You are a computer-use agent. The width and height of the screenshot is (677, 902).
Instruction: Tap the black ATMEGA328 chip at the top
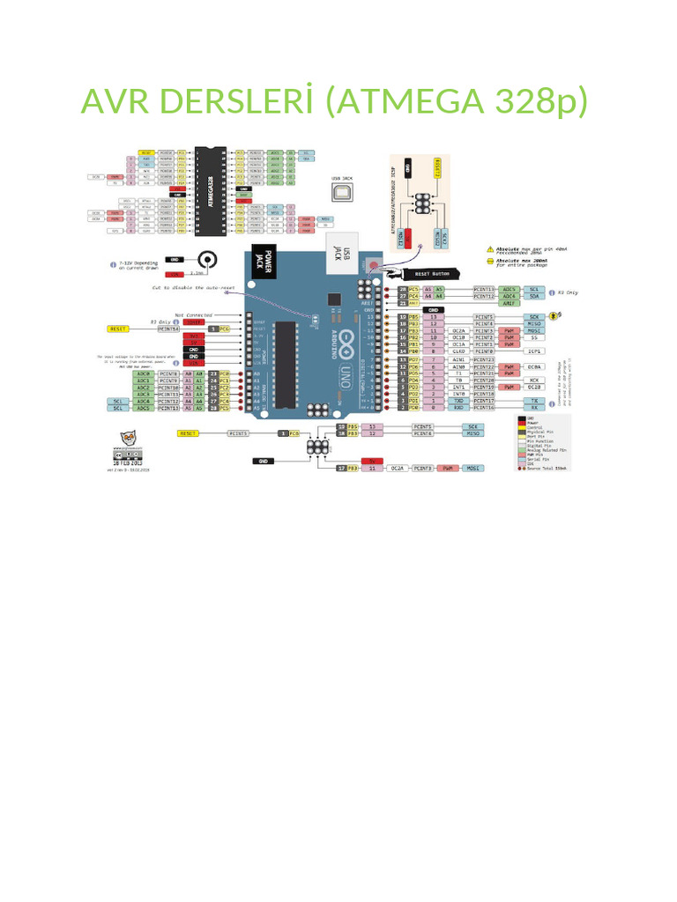(211, 190)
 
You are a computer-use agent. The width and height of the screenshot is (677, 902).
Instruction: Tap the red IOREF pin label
(193, 322)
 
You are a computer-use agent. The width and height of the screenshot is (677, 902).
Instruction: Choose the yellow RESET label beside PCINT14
(118, 329)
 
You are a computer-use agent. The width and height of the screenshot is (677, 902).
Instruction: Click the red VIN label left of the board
(193, 362)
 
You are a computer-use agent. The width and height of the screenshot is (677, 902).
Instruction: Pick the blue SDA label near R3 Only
(533, 296)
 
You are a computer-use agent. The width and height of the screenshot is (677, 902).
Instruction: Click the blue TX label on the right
(534, 400)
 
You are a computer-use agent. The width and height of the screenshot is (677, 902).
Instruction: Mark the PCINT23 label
(485, 360)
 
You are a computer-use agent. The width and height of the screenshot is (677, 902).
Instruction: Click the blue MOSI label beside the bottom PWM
(473, 468)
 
